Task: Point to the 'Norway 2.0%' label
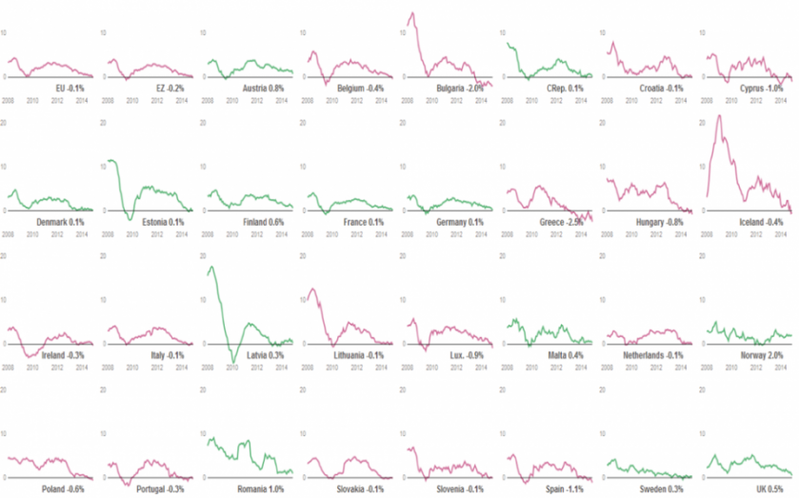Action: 762,355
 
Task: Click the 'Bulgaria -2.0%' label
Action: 460,88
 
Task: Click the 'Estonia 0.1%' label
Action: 163,223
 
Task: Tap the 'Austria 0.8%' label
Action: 263,88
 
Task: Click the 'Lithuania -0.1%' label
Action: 359,355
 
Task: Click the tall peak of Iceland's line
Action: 718,116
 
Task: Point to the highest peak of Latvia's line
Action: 210,267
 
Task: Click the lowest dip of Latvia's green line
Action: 231,363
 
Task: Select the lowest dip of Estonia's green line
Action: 130,220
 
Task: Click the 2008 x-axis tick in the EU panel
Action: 8,97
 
